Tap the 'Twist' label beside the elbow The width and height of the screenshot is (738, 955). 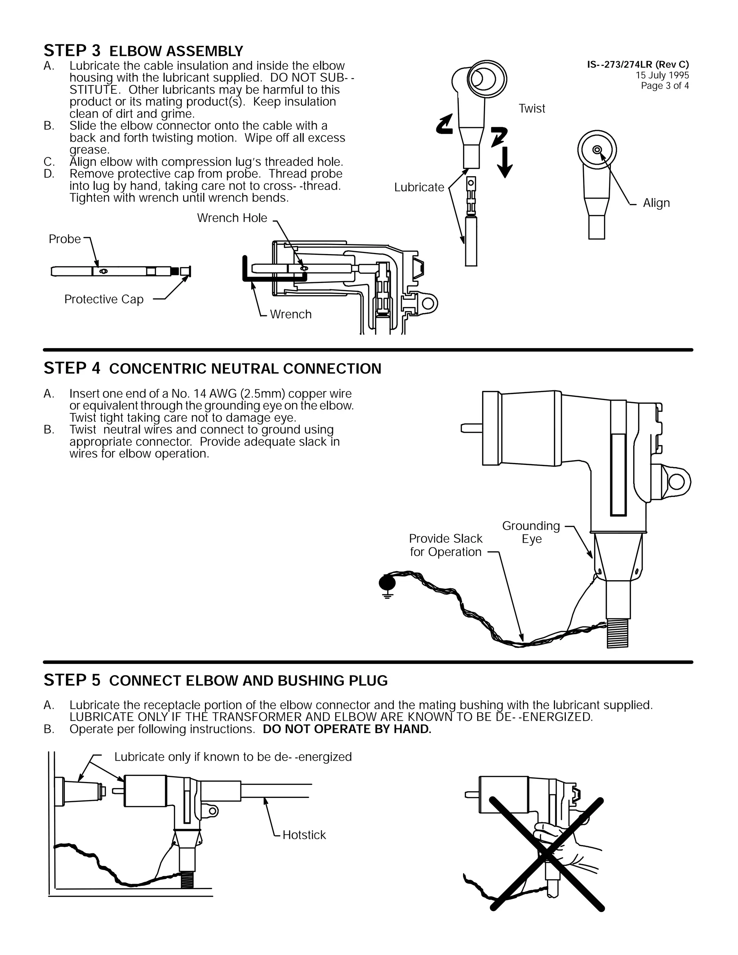pos(531,108)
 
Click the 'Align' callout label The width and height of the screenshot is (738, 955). pos(656,203)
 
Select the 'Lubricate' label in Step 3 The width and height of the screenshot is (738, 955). pos(419,187)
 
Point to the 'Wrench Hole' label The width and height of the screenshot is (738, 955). pos(232,218)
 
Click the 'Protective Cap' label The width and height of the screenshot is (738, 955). pos(104,299)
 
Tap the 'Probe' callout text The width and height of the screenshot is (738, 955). pos(65,239)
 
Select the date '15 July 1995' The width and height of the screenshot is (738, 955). pos(662,75)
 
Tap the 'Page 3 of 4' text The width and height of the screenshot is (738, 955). pos(664,86)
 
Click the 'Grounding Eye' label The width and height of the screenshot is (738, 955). pos(531,532)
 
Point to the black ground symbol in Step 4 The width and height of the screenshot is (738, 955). pos(387,584)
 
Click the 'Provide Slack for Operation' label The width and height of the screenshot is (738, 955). pos(445,545)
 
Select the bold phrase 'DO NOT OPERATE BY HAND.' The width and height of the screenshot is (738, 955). pos(347,729)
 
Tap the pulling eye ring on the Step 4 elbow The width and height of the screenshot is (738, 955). pos(676,482)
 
